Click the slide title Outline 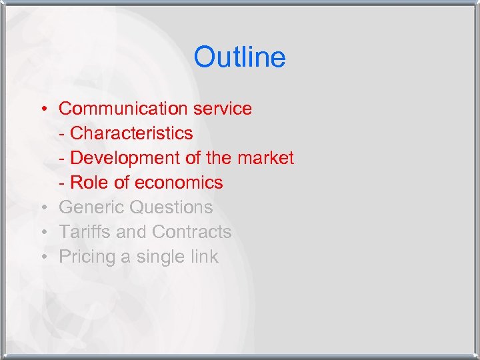point(239,57)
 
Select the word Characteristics point(131,133)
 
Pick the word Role point(87,183)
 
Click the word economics point(179,183)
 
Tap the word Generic point(92,207)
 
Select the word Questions point(171,207)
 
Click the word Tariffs point(84,232)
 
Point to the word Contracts point(192,232)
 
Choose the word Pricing point(86,257)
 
